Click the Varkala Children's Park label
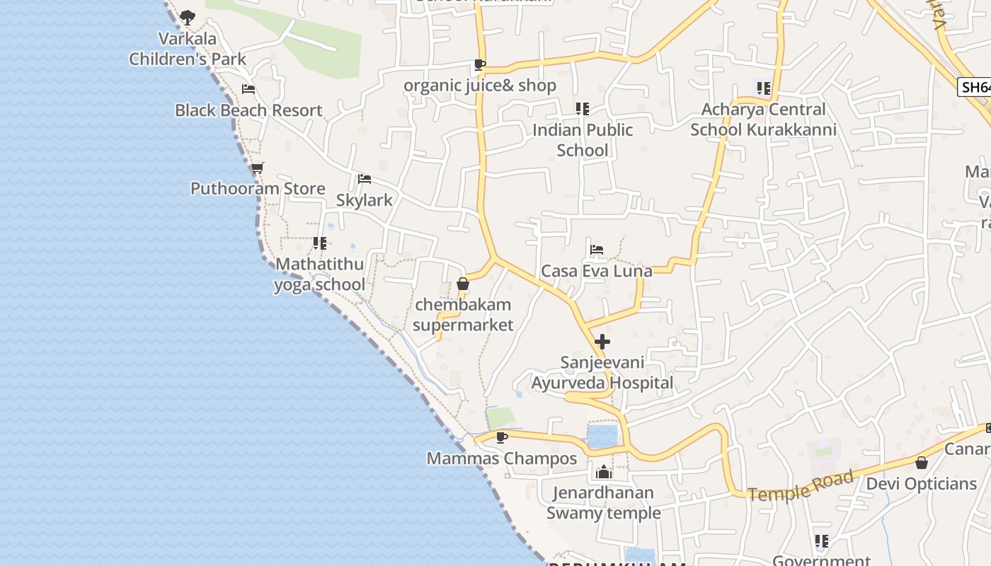[x=188, y=49]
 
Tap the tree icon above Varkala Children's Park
[x=187, y=17]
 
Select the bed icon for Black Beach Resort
[x=248, y=89]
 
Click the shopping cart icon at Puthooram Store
[x=258, y=168]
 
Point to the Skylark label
[x=364, y=200]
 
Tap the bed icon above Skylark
[x=365, y=179]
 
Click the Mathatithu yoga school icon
[x=320, y=243]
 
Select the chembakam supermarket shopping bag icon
[x=463, y=284]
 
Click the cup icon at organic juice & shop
[x=480, y=65]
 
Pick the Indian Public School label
[x=583, y=139]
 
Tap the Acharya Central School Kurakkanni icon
[x=763, y=88]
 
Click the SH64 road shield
[x=975, y=87]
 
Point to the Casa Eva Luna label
[x=596, y=271]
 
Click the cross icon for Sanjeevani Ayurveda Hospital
[x=602, y=342]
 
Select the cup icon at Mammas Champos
[x=502, y=438]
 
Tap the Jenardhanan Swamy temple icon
[x=604, y=472]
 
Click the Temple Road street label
[x=801, y=487]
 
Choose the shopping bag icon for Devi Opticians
[x=921, y=463]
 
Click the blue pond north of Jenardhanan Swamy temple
[x=602, y=435]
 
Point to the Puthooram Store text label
[x=258, y=188]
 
